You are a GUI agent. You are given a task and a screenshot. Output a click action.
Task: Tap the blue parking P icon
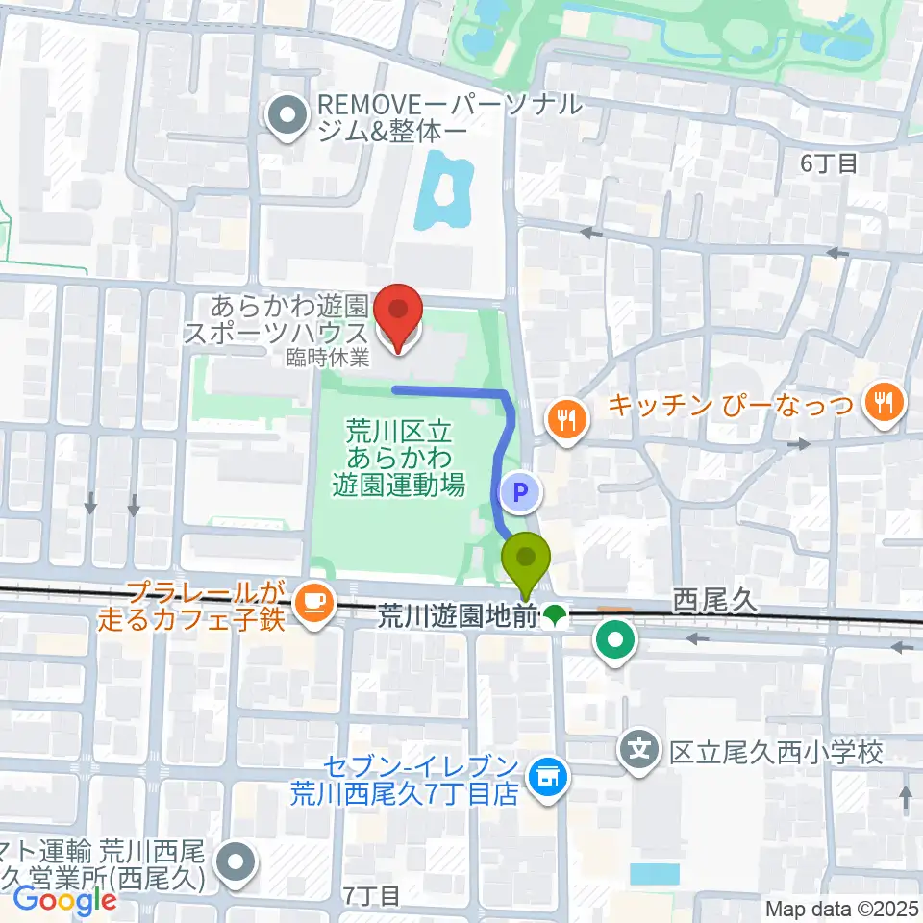point(520,493)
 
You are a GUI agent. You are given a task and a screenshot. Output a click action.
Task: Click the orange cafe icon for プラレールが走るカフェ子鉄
point(312,603)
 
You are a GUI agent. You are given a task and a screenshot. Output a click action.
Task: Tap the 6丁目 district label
point(828,163)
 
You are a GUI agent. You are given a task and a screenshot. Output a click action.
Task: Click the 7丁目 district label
point(370,896)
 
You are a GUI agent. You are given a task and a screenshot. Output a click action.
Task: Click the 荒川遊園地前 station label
point(455,615)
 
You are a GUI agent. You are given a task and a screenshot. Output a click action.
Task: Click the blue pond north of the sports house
point(445,195)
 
